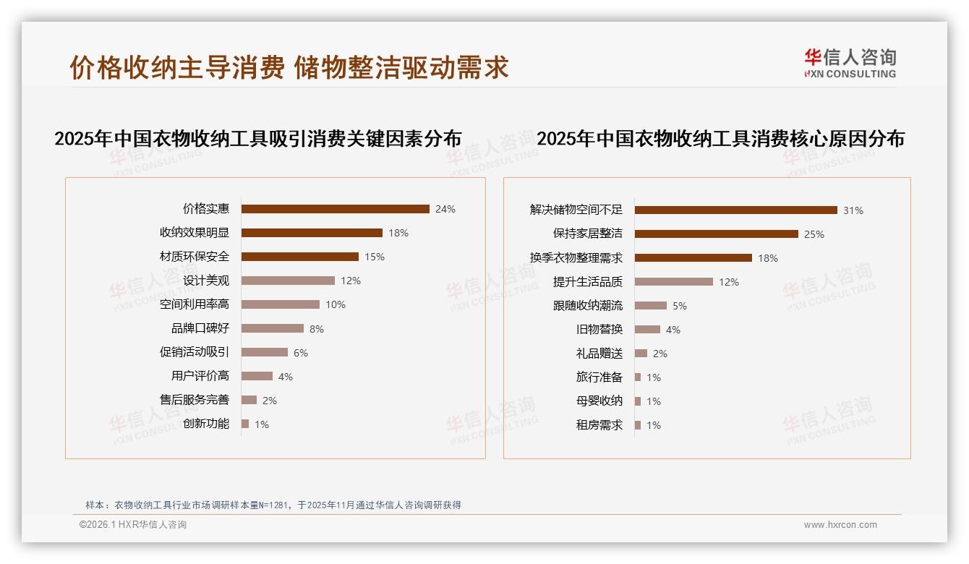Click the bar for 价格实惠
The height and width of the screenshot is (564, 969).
(x=335, y=209)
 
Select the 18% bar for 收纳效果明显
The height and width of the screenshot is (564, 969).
(x=312, y=233)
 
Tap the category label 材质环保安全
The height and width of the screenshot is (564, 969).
(x=195, y=257)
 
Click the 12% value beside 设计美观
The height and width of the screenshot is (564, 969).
(x=351, y=281)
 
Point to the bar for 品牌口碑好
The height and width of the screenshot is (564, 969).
(x=272, y=328)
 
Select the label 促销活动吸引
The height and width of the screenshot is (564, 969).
(x=195, y=352)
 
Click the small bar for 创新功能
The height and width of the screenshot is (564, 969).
(x=245, y=424)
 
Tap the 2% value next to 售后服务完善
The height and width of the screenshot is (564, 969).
(x=269, y=400)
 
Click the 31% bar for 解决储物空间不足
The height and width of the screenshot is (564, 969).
(x=735, y=210)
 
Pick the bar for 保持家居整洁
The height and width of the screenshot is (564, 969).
(x=716, y=234)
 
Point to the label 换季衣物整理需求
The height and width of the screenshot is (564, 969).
(x=576, y=258)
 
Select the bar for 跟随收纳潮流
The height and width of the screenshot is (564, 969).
(x=650, y=306)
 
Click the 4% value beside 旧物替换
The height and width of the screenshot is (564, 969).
(x=673, y=330)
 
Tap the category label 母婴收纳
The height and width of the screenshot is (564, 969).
(x=599, y=401)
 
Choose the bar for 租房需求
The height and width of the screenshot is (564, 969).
(x=638, y=425)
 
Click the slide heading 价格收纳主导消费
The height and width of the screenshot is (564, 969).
(x=176, y=67)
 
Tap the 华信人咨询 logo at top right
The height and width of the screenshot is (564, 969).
(x=850, y=63)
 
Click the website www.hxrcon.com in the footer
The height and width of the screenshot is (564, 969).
(x=840, y=525)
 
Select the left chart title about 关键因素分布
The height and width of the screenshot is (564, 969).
(x=257, y=138)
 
